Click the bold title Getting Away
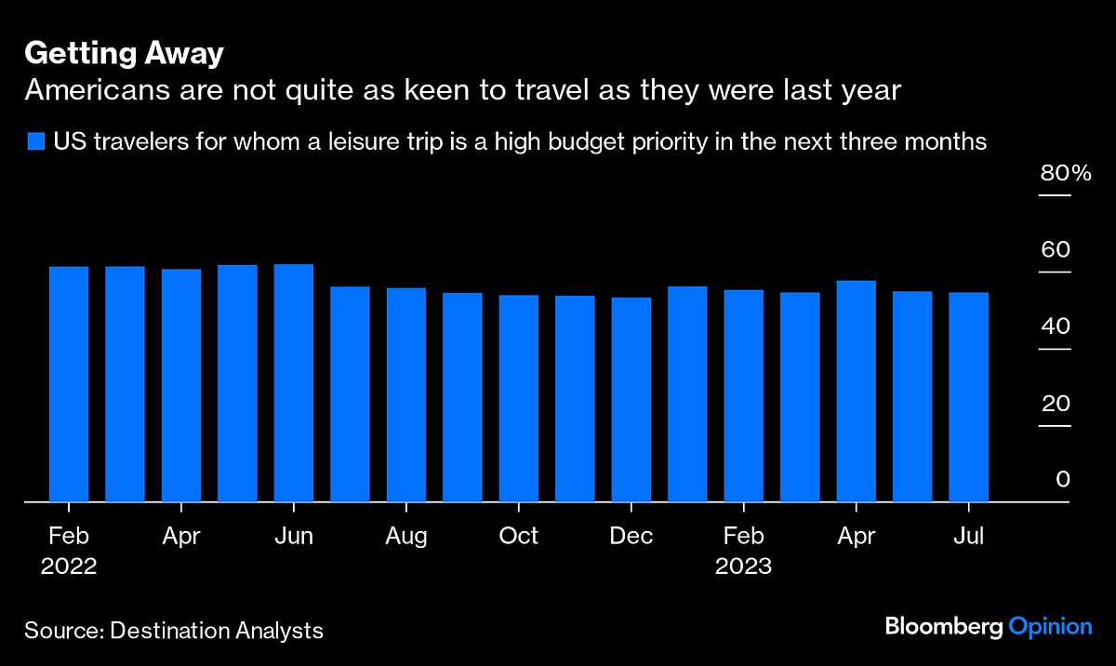click(x=124, y=54)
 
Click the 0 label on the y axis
click(x=1063, y=480)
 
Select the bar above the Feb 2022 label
click(x=69, y=384)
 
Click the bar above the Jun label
click(x=294, y=383)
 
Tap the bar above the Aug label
click(x=406, y=395)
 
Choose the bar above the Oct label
click(x=519, y=398)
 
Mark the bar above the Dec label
click(x=631, y=400)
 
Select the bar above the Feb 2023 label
click(x=744, y=396)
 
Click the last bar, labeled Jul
click(x=968, y=397)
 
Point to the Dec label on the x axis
click(x=631, y=537)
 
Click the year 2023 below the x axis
click(x=743, y=566)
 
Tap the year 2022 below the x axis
click(x=69, y=566)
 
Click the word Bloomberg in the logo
click(x=943, y=627)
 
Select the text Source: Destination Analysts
click(x=174, y=630)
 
